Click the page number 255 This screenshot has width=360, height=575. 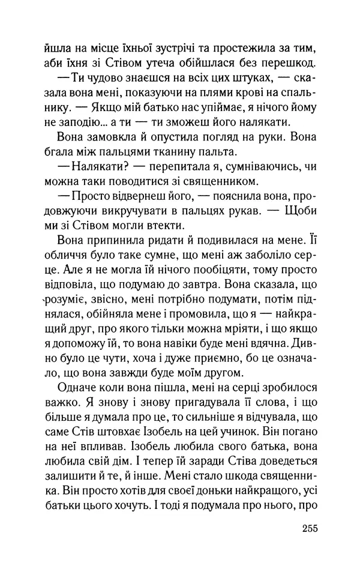point(304,528)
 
